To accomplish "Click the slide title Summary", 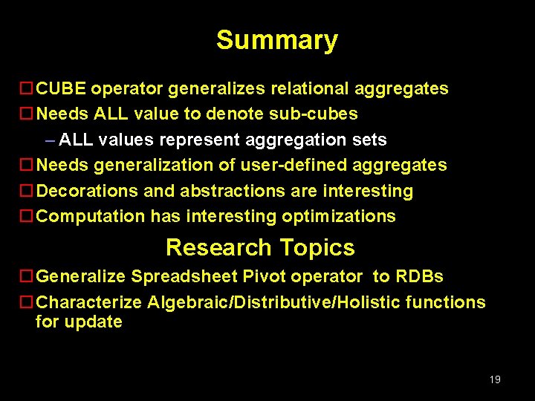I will point(276,40).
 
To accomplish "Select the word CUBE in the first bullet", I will point(62,89).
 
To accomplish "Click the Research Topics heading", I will point(260,247).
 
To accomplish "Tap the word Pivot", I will point(264,277).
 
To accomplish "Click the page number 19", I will point(495,379).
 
